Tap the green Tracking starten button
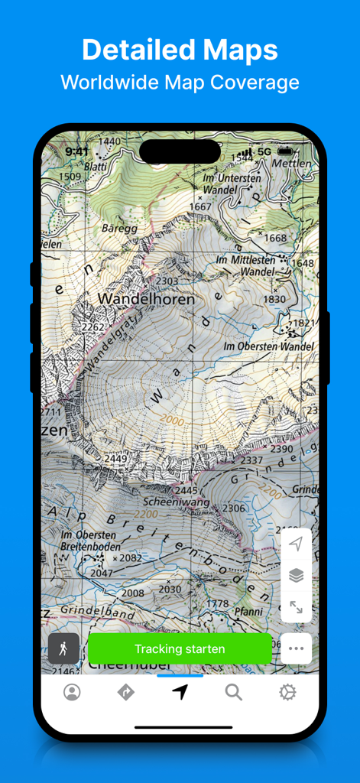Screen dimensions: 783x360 pyautogui.click(x=180, y=649)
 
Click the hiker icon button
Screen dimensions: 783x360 pyautogui.click(x=63, y=648)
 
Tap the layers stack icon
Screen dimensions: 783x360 pyautogui.click(x=296, y=576)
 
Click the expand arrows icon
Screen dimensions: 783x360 pyautogui.click(x=296, y=608)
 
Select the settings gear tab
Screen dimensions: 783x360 pyautogui.click(x=287, y=692)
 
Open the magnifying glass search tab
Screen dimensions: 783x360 pyautogui.click(x=234, y=692)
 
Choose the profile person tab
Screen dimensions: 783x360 pyautogui.click(x=72, y=692)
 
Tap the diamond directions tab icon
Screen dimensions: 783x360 pyautogui.click(x=125, y=692)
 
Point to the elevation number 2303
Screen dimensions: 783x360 pyautogui.click(x=167, y=281)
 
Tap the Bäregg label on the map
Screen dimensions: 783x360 pyautogui.click(x=119, y=228)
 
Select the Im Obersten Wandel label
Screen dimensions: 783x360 pyautogui.click(x=268, y=346)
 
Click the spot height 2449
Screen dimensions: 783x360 pyautogui.click(x=116, y=459)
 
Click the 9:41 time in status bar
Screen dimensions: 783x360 pyautogui.click(x=77, y=152)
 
